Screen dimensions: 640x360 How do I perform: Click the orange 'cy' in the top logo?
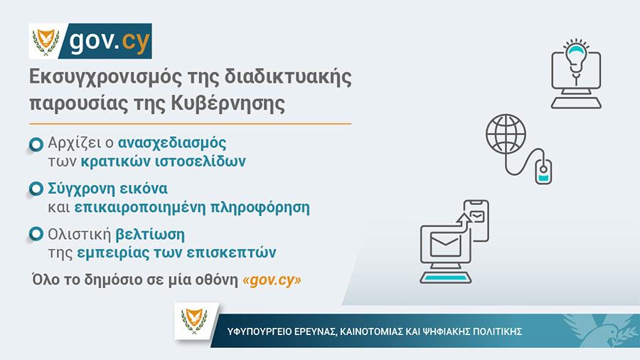136,42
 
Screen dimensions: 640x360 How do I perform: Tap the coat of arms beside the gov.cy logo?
46,41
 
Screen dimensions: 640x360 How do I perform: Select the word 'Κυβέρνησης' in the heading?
228,104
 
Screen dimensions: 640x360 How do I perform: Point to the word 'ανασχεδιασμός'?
172,143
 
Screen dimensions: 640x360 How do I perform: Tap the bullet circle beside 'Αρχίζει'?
36,144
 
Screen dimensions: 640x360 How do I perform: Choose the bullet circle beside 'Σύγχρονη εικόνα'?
36,189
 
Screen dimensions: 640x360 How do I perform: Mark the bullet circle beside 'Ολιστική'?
36,234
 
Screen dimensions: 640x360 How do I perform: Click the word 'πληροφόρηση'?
260,208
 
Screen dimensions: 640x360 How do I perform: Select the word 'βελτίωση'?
150,235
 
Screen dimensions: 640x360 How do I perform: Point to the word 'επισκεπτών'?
231,253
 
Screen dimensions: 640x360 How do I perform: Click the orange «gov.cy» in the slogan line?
272,280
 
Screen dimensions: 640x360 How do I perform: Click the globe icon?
506,134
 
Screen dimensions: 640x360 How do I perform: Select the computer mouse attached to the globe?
543,171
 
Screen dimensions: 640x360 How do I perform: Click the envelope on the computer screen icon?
446,245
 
